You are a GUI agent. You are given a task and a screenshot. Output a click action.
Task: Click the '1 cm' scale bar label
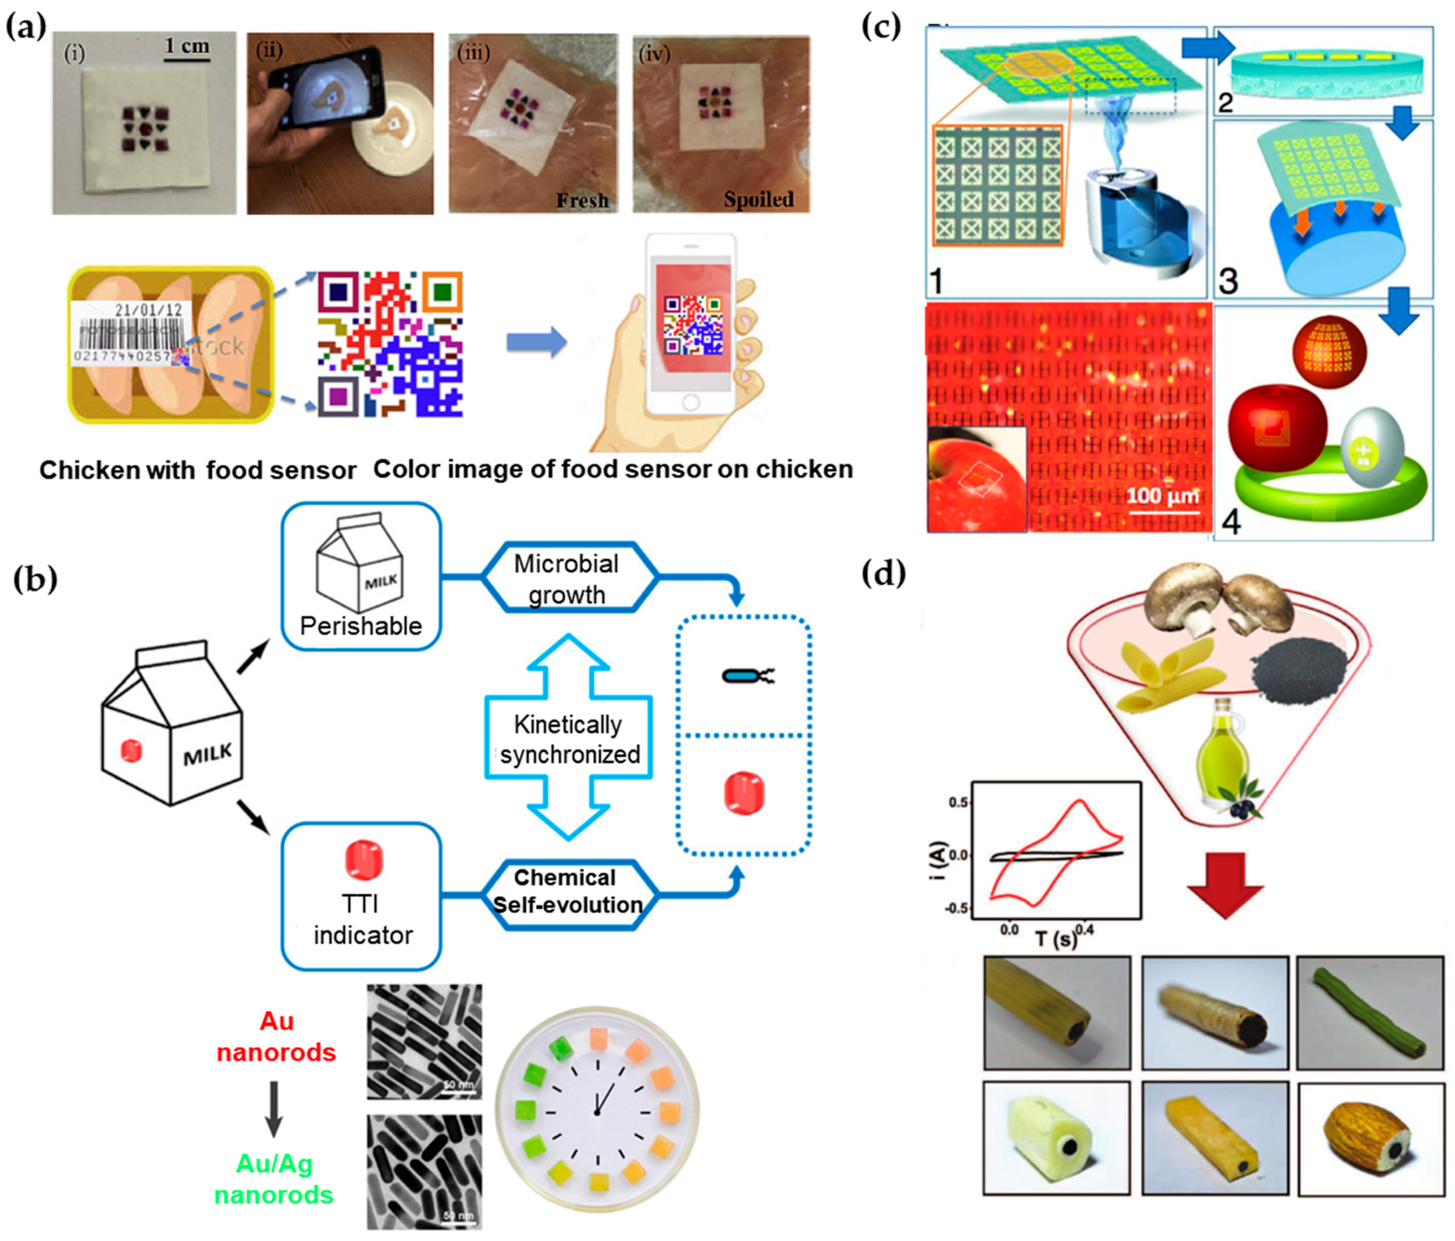coord(187,47)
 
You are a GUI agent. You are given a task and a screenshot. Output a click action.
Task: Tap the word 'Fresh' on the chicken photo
coord(582,200)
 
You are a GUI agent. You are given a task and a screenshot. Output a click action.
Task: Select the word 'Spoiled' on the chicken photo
coord(758,199)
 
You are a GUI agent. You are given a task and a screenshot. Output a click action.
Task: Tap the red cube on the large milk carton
coord(131,750)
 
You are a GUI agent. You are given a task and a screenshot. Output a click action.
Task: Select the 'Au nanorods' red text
coord(276,1036)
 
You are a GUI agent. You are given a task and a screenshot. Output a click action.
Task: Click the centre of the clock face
coord(597,1112)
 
